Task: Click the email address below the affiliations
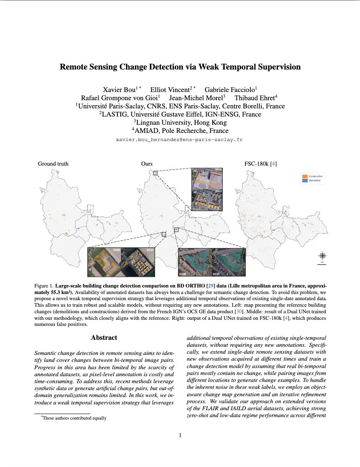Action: click(180, 140)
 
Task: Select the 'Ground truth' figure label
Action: click(53, 164)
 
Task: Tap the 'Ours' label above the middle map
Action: click(147, 164)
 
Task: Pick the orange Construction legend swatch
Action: click(304, 176)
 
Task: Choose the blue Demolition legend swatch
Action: click(304, 180)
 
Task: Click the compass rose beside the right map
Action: click(322, 256)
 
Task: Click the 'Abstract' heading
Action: click(104, 338)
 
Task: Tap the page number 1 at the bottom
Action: click(180, 436)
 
